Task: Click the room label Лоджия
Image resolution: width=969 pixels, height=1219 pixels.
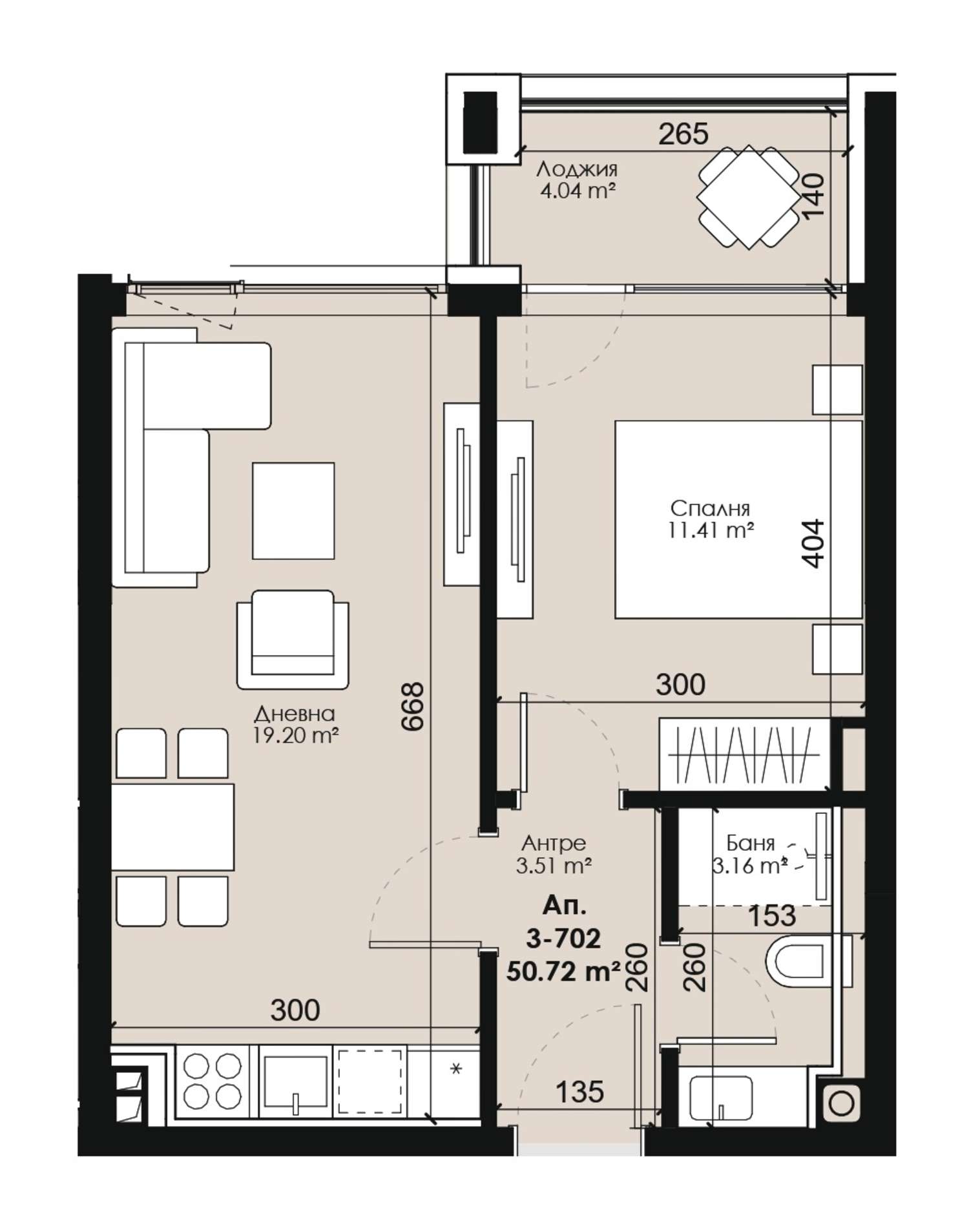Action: pos(577,169)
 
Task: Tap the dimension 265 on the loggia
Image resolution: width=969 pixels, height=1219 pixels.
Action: pos(683,134)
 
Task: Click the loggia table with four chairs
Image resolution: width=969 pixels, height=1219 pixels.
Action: pos(747,197)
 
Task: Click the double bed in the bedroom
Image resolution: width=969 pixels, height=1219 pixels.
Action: pos(738,519)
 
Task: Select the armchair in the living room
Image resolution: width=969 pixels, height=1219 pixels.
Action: pos(293,639)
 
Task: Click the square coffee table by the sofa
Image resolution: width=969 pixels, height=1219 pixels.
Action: pos(293,510)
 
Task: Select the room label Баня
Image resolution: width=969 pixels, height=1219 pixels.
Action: pos(750,843)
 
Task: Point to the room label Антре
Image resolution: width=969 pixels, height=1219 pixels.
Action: pos(554,842)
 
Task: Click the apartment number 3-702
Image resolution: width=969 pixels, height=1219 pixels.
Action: pos(563,938)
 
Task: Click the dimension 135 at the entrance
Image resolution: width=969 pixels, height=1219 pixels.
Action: pos(579,1091)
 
